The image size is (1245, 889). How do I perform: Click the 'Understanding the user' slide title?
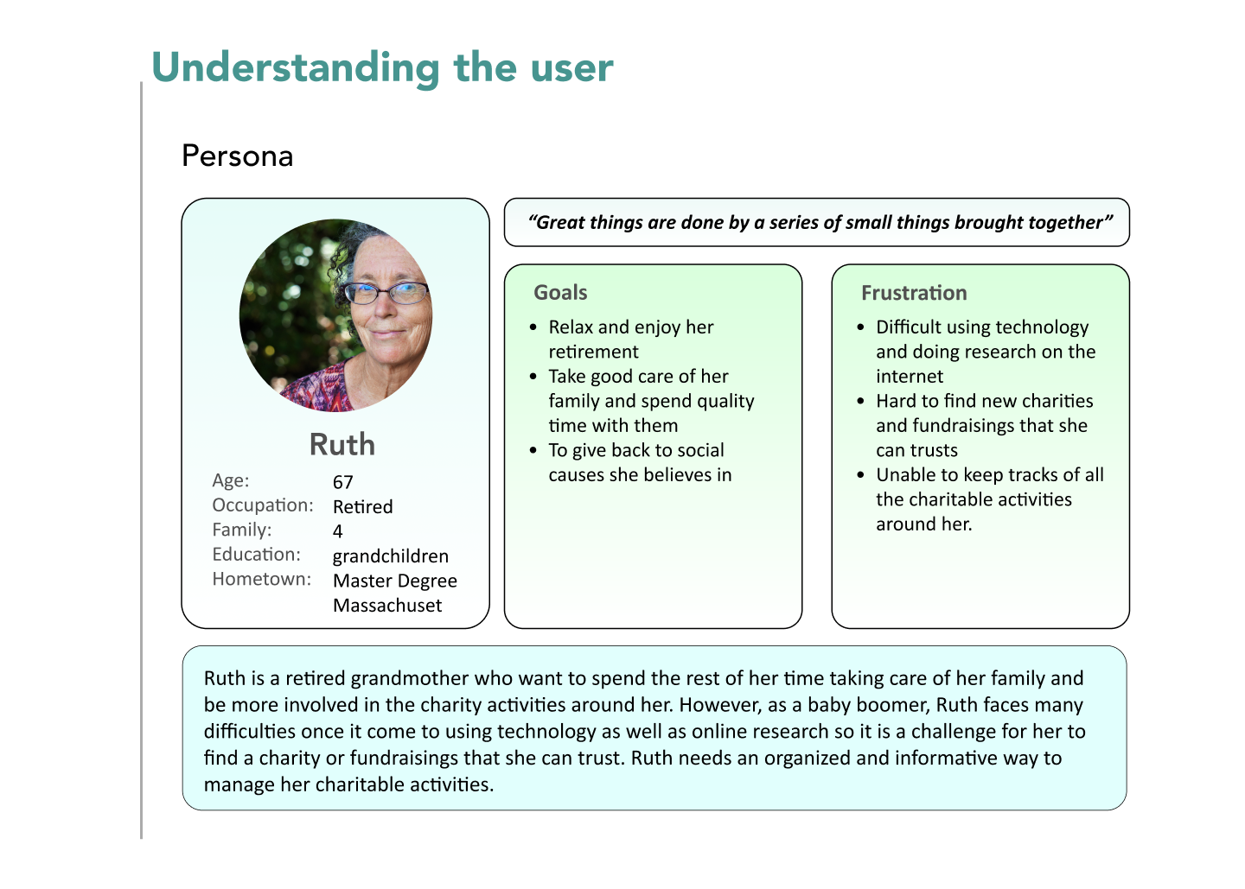coord(382,67)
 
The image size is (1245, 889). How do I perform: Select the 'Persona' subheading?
coord(237,156)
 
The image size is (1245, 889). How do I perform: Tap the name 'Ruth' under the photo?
coord(342,444)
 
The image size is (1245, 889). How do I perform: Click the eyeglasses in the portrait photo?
coord(386,292)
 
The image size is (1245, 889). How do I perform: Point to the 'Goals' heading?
coord(560,293)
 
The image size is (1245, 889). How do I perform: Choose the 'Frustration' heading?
coord(915,293)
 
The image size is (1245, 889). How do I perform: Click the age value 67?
coord(342,482)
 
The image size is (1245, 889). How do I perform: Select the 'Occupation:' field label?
coord(263,505)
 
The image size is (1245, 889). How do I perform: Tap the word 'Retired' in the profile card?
coord(363,506)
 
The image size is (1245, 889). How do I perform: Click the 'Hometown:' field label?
coord(262,579)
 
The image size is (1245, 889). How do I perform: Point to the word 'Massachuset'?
coord(387,606)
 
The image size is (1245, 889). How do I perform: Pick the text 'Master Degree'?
coord(395,581)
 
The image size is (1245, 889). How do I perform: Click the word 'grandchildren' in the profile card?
coord(391,556)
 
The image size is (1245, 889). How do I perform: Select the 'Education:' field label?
coord(256,554)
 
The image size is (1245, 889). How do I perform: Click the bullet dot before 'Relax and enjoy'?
coord(533,327)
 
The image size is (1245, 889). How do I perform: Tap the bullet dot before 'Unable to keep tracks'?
coord(860,475)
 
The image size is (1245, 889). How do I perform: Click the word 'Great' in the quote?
coord(559,223)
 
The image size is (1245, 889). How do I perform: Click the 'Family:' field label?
coord(242,530)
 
